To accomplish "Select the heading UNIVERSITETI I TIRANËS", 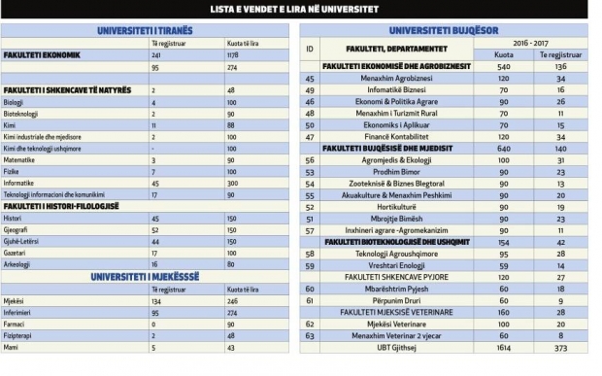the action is (x=146, y=31).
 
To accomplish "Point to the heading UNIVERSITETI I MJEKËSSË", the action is (x=146, y=276).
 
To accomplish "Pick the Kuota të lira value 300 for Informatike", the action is (x=233, y=182).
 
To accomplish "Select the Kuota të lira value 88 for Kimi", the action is (x=231, y=124).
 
